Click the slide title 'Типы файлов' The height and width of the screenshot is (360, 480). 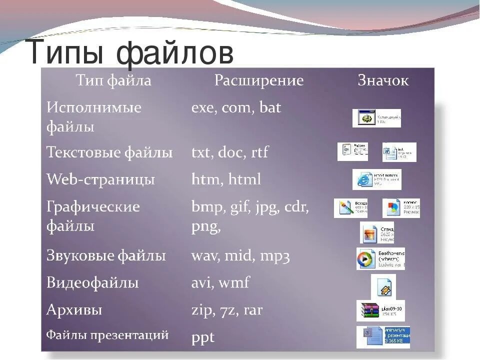click(x=131, y=52)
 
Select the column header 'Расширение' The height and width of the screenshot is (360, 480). click(x=259, y=81)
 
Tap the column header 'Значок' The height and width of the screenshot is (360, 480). click(x=383, y=81)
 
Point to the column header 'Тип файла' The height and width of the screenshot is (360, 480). click(x=113, y=81)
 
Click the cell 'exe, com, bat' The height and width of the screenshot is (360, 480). click(x=236, y=107)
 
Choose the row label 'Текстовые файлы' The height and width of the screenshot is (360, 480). click(x=109, y=152)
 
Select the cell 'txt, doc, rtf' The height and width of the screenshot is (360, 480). click(x=229, y=152)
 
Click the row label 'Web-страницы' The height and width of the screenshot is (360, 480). click(x=100, y=179)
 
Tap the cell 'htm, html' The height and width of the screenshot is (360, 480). click(x=226, y=179)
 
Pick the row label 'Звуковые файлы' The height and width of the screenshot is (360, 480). click(x=106, y=256)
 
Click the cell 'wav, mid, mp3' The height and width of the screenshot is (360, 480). click(x=240, y=256)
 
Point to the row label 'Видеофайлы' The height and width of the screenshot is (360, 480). click(x=92, y=283)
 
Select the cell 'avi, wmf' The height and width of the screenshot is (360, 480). click(x=220, y=283)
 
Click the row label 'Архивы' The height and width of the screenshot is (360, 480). click(x=74, y=310)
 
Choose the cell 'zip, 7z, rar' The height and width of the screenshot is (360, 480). click(x=226, y=310)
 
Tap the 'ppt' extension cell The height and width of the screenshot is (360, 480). click(x=202, y=337)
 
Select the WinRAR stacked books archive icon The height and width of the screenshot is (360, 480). click(x=368, y=311)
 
